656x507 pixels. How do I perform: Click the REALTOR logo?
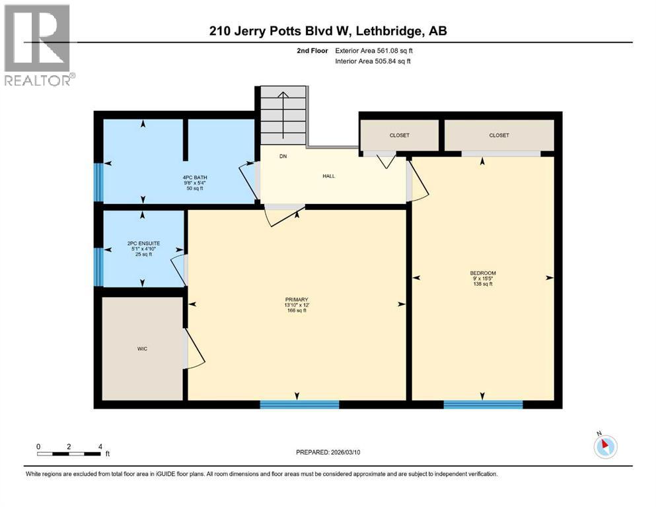coord(38,44)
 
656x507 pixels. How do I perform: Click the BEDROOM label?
coord(482,278)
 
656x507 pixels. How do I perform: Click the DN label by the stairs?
coord(283,156)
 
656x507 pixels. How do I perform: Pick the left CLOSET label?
coord(399,135)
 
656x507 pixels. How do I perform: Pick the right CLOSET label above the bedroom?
coord(499,135)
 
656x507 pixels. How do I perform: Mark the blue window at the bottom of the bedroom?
coord(483,404)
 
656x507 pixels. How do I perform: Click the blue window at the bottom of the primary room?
coord(299,404)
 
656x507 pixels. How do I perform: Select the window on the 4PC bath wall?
coord(98,182)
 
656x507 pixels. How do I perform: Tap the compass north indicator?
coord(605,446)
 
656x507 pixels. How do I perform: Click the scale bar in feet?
coord(69,454)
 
